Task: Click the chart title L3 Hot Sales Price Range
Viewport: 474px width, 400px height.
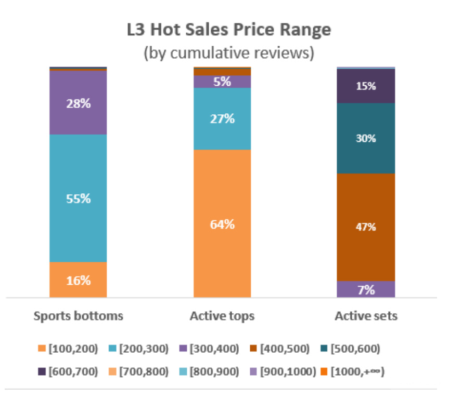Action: click(x=229, y=30)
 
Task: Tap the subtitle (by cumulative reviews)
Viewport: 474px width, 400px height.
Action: click(x=229, y=54)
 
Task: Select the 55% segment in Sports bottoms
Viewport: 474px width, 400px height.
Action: click(x=78, y=198)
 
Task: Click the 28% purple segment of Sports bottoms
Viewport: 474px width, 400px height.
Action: click(x=78, y=103)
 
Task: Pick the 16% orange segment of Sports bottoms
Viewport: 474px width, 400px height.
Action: click(x=78, y=280)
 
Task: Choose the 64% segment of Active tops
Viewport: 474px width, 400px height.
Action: click(x=222, y=224)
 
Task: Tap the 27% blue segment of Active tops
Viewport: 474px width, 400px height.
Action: click(x=222, y=119)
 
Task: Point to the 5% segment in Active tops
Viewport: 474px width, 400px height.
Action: click(x=222, y=82)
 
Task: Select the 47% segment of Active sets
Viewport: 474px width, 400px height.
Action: click(x=366, y=227)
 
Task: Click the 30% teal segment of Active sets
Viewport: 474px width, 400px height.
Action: click(x=366, y=138)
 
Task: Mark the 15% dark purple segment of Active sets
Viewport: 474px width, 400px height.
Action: click(x=366, y=86)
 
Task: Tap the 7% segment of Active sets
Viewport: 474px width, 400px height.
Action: click(x=366, y=289)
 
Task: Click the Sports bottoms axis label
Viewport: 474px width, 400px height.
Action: click(x=78, y=316)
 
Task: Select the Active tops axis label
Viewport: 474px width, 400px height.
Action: click(x=222, y=316)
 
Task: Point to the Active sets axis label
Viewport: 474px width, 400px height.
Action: click(x=366, y=316)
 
